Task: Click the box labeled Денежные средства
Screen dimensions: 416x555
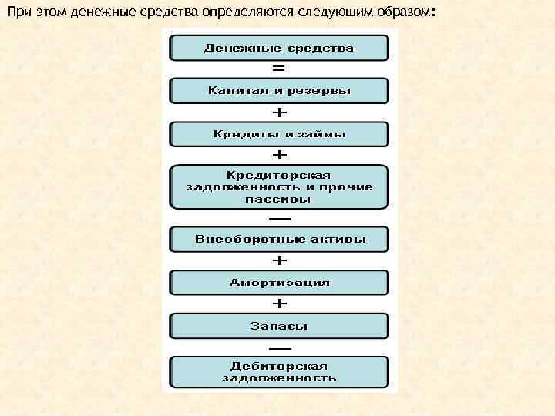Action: [279, 48]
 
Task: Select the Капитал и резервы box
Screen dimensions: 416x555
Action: [279, 91]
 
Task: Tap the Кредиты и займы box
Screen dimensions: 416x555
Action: [279, 134]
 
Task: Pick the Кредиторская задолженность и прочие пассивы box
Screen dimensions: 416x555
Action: [279, 186]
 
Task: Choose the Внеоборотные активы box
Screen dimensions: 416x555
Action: [279, 240]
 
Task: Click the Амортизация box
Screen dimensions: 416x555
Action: [279, 283]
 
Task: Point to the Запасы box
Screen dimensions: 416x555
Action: [279, 326]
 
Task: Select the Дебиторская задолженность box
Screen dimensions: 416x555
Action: [279, 372]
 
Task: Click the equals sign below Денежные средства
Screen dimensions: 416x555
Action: [279, 69]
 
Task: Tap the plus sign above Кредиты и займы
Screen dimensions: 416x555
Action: [279, 112]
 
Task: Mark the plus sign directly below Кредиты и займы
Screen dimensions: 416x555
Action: [279, 155]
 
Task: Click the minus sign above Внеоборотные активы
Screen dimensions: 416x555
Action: [279, 217]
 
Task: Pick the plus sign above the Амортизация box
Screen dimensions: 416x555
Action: [279, 261]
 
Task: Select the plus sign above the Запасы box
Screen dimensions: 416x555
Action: [279, 304]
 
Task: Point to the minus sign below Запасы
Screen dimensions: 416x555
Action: [279, 347]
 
